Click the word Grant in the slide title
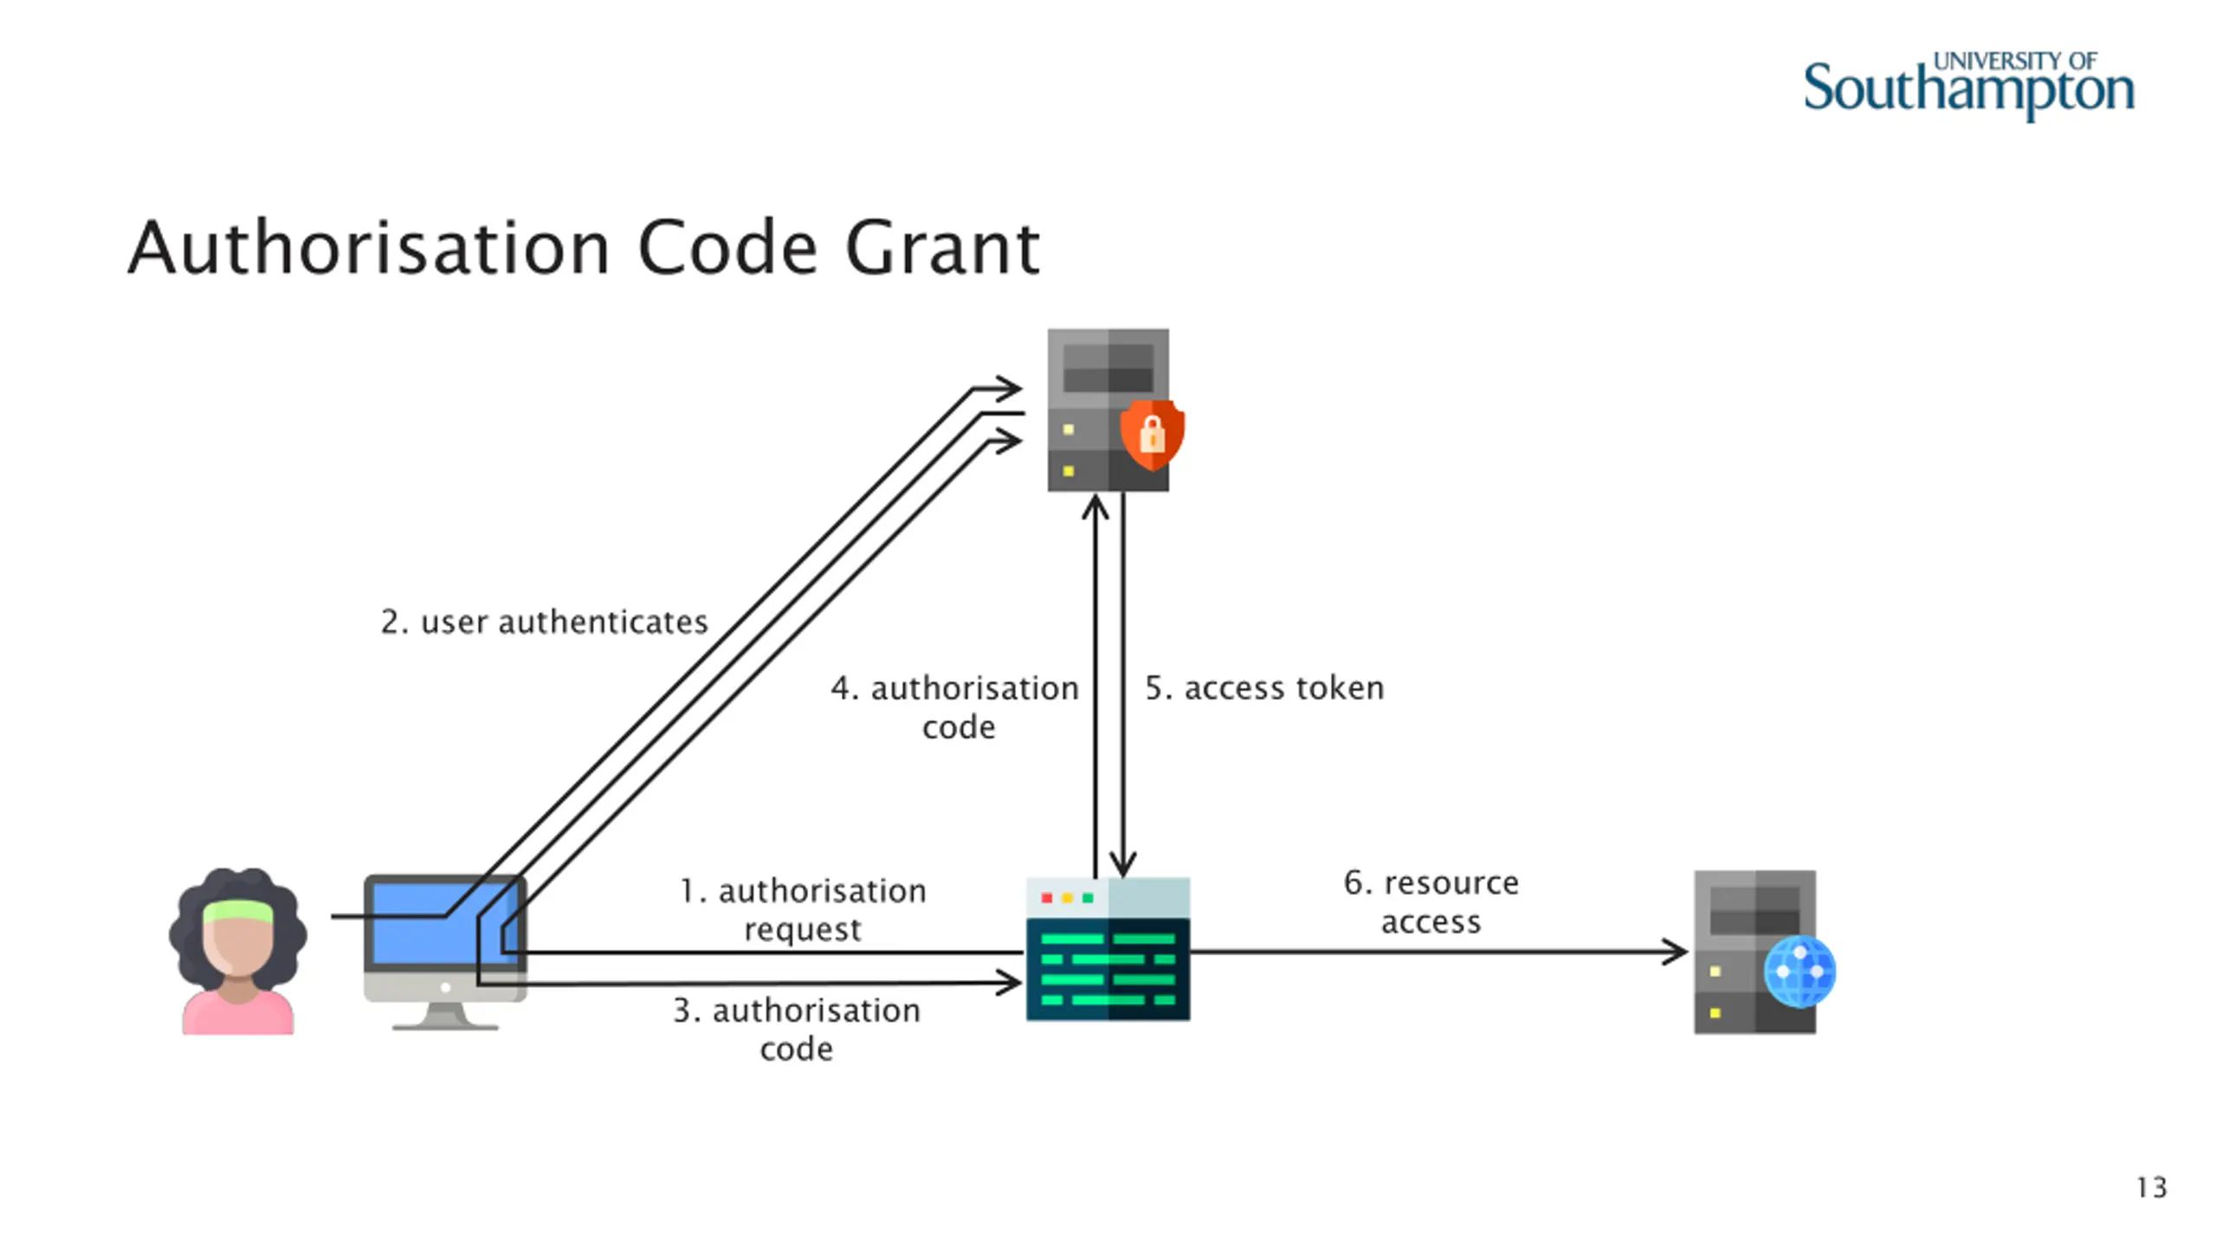click(x=942, y=249)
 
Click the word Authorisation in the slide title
click(x=369, y=249)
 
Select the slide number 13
click(x=2151, y=1187)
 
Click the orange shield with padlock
click(x=1152, y=434)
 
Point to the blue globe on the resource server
click(x=1800, y=972)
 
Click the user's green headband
click(x=238, y=911)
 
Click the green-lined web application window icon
click(x=1108, y=949)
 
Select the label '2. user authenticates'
click(x=544, y=622)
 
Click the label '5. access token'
click(x=1264, y=688)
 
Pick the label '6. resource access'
click(x=1432, y=902)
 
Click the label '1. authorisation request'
click(x=803, y=909)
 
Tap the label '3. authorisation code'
click(x=797, y=1029)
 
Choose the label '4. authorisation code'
click(x=955, y=707)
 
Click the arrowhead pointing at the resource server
click(x=1675, y=953)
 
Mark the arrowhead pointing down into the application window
click(x=1123, y=863)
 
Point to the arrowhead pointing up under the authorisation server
click(x=1096, y=507)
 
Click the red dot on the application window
click(x=1047, y=898)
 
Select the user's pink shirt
click(x=238, y=1012)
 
